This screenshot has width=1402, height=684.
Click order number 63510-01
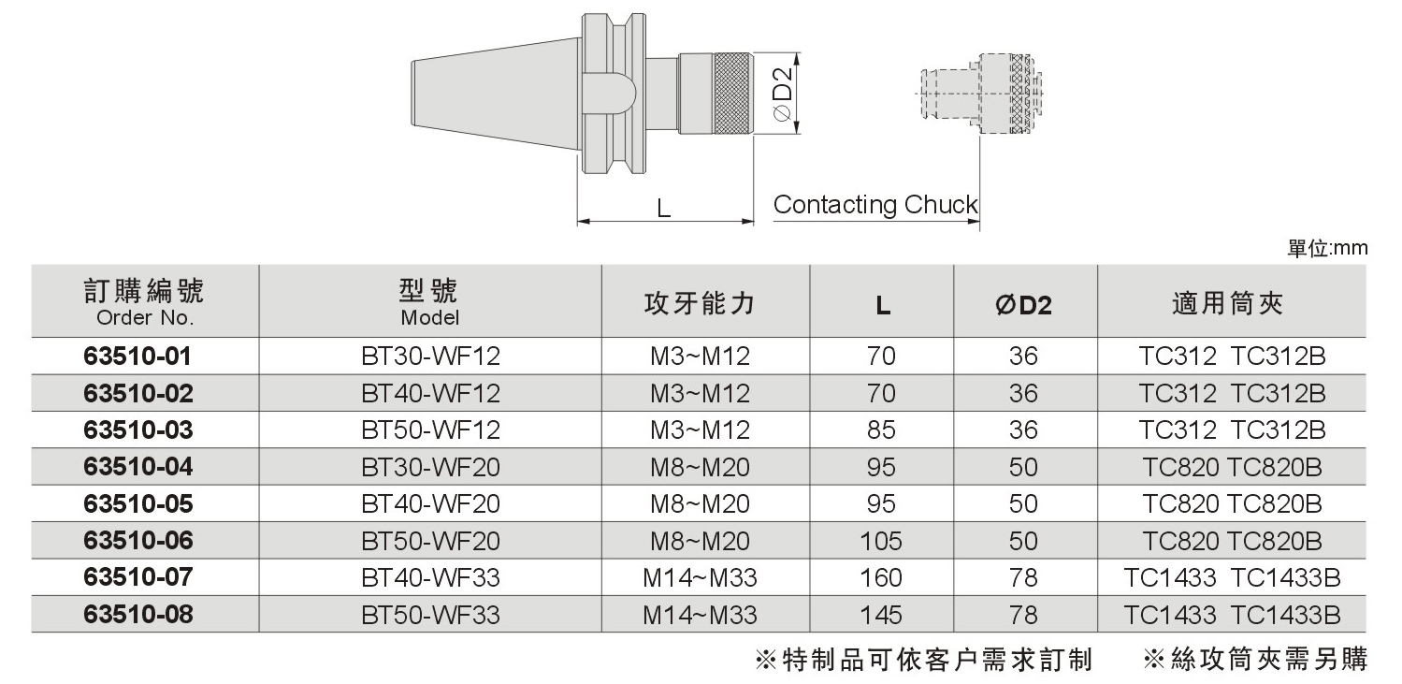tap(137, 356)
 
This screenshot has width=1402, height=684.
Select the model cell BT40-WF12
tap(430, 393)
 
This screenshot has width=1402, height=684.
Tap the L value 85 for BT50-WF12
tap(881, 429)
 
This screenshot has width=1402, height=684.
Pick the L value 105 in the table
tap(881, 541)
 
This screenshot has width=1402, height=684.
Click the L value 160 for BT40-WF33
tap(881, 577)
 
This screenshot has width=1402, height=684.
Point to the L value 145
tap(881, 615)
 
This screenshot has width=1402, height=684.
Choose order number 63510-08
tap(137, 615)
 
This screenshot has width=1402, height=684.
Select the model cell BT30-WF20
tap(430, 467)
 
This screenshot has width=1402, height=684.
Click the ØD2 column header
tap(1023, 305)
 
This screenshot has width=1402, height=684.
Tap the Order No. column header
tap(145, 302)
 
